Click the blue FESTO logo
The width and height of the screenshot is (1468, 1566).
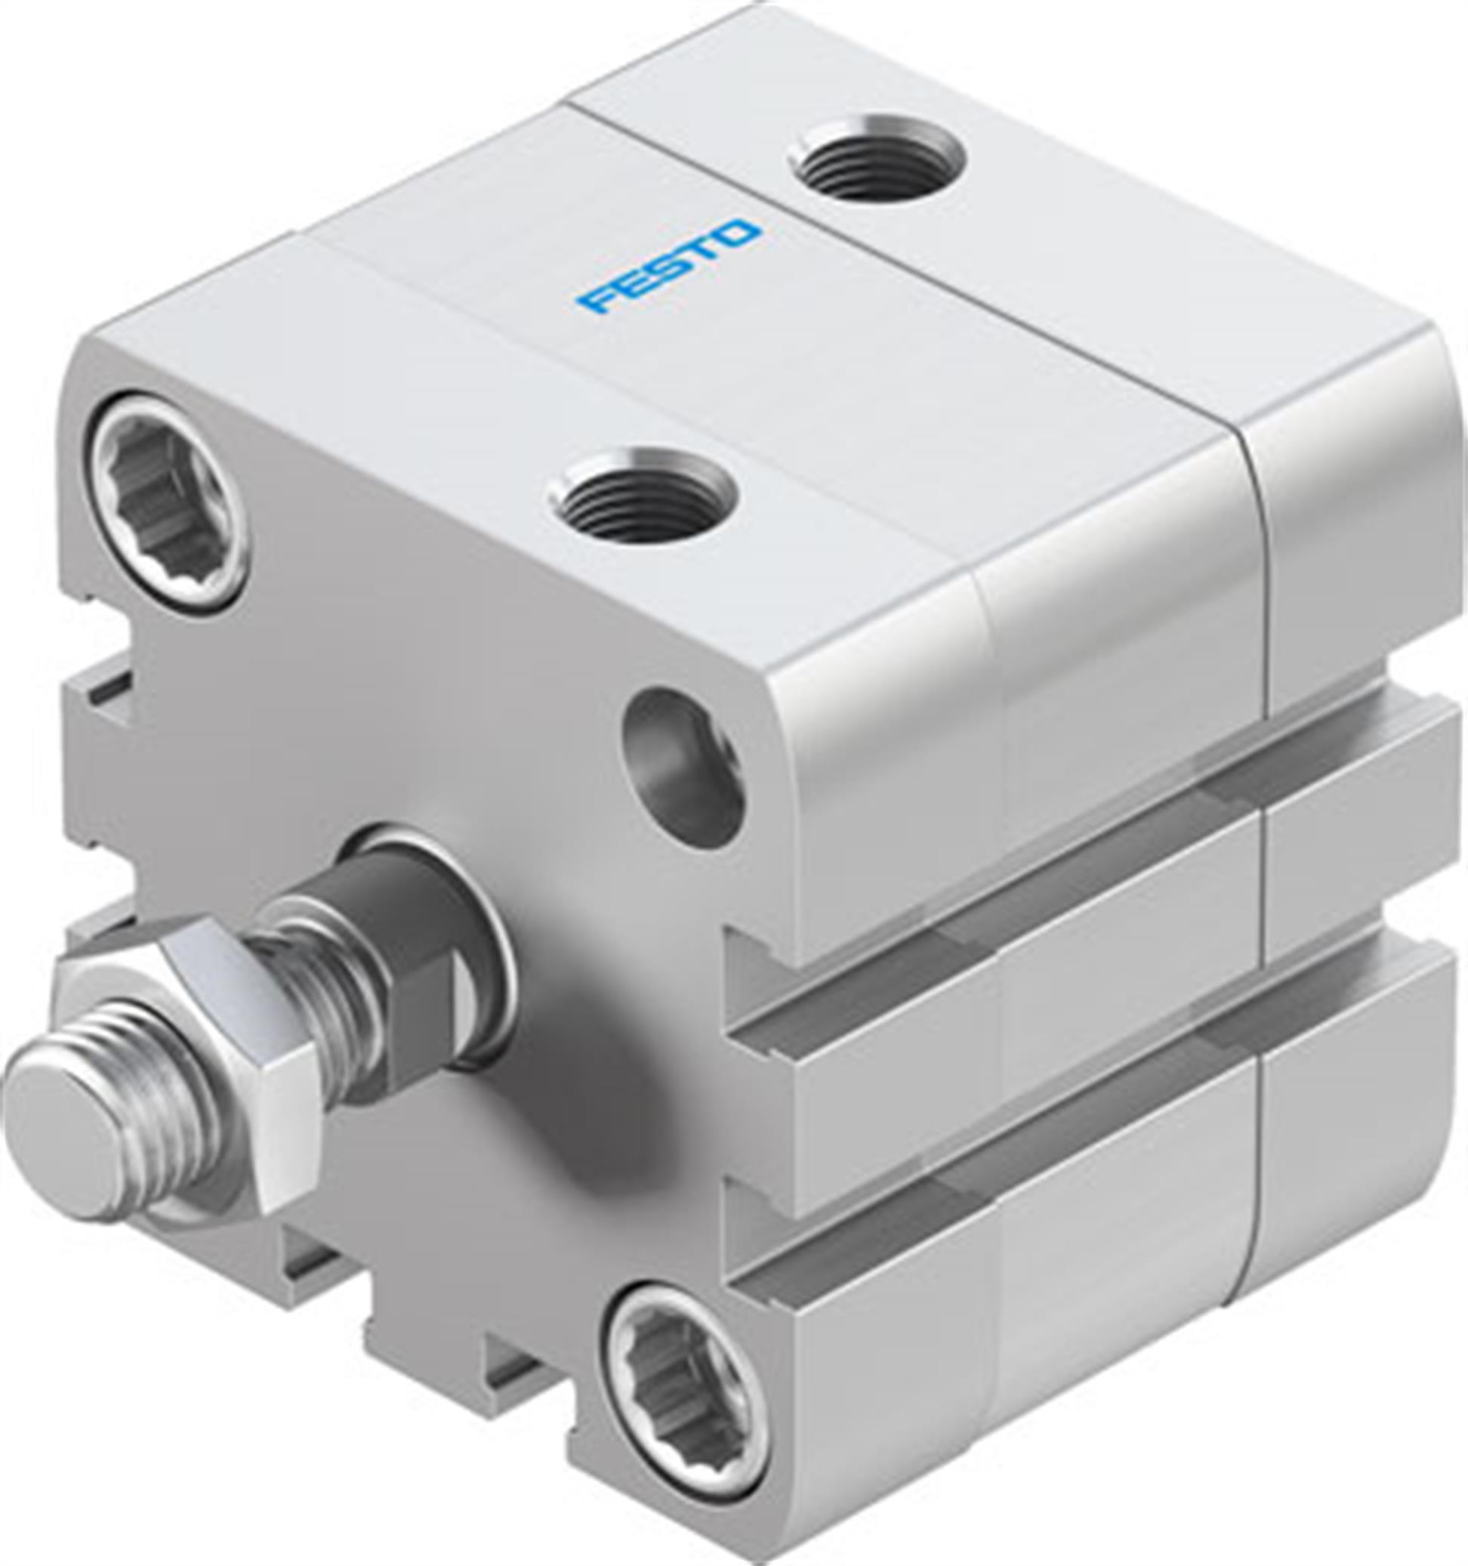click(x=668, y=267)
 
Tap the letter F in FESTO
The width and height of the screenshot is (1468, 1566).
click(x=595, y=303)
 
